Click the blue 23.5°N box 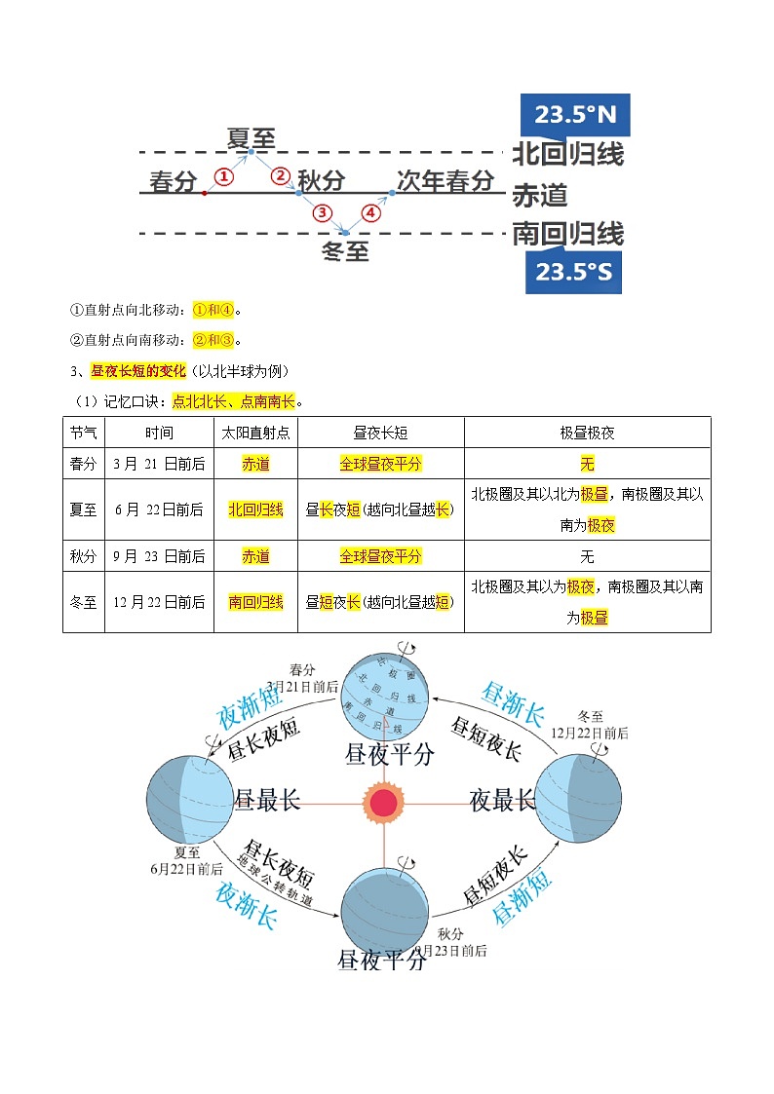(x=575, y=115)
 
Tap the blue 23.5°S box (x=573, y=272)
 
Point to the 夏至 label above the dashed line (x=251, y=138)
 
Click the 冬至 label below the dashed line (x=345, y=252)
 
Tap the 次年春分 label (x=445, y=181)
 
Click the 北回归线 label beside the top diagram (x=567, y=155)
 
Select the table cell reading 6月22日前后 (x=159, y=509)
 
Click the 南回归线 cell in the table (x=256, y=602)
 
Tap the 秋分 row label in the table (x=84, y=556)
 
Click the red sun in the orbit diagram (x=384, y=802)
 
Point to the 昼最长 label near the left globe (x=268, y=802)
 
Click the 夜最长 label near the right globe (x=502, y=801)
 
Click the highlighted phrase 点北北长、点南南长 (x=233, y=400)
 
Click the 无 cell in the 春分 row (x=587, y=464)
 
